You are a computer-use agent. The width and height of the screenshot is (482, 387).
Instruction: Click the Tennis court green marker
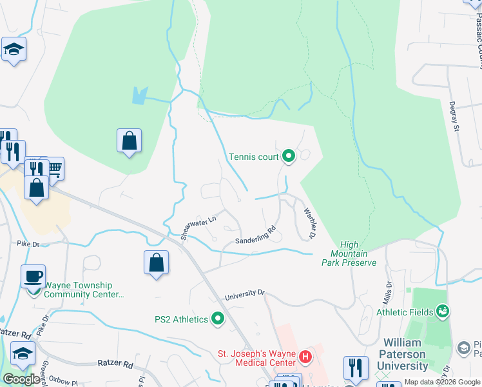(289, 156)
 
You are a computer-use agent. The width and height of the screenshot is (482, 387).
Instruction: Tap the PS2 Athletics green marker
(218, 319)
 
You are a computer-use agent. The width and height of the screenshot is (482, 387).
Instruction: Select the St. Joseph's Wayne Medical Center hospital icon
(306, 355)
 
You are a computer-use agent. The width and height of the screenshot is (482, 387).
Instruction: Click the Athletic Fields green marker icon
(443, 313)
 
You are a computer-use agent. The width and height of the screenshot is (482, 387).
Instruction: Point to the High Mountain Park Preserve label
(358, 253)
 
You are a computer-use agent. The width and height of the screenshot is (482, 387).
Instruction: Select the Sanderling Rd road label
(255, 235)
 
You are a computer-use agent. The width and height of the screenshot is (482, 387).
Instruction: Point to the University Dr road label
(245, 295)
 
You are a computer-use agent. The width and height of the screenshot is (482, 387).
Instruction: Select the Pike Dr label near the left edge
(28, 244)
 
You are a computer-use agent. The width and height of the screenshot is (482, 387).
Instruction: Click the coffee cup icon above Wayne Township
(33, 276)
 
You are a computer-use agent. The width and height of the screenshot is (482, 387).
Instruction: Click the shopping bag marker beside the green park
(129, 140)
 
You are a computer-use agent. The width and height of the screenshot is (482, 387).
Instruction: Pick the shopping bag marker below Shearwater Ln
(156, 262)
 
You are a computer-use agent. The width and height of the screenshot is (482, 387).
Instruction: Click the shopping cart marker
(54, 168)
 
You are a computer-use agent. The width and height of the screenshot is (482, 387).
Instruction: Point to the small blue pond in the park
(139, 96)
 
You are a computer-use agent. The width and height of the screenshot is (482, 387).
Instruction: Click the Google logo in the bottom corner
(22, 379)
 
